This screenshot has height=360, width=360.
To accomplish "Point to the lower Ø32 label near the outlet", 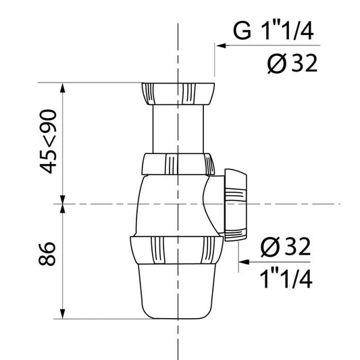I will pos(284,248).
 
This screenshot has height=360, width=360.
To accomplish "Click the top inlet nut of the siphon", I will pos(177,92).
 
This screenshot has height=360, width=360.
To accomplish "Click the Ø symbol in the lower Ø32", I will pos(267,248).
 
